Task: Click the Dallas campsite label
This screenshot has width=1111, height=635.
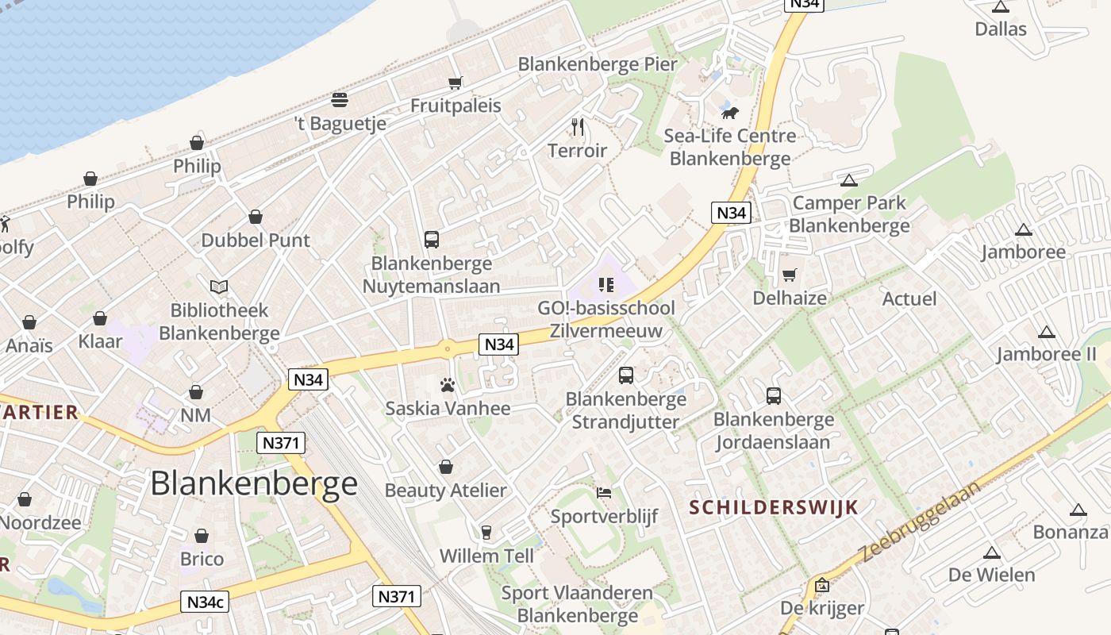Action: click(1001, 29)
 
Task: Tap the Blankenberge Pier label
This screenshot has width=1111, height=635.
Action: click(598, 64)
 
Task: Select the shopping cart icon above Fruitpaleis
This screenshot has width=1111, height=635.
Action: click(455, 83)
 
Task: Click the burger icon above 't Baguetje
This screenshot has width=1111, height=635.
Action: click(340, 100)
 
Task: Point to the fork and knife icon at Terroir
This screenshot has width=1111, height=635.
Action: click(578, 126)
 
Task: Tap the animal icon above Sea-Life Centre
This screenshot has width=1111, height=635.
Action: click(730, 113)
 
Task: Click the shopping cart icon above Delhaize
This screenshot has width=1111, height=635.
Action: click(789, 275)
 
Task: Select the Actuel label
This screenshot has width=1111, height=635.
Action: click(909, 299)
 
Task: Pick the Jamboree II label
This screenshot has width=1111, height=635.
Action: click(1046, 354)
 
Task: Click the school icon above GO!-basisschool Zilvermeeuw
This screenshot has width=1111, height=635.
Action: click(606, 285)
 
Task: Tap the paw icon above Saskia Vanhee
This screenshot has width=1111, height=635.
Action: click(448, 386)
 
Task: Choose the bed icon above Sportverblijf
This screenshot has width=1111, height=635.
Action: click(604, 493)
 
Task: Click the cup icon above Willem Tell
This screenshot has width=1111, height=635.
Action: click(486, 532)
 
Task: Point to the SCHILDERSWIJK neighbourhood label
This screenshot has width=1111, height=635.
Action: click(774, 507)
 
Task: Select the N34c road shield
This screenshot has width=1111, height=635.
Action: click(205, 602)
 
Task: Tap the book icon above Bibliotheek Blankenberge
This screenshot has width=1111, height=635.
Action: click(219, 287)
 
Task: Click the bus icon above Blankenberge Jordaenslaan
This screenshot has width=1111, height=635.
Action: click(774, 395)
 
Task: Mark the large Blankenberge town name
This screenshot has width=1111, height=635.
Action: click(254, 483)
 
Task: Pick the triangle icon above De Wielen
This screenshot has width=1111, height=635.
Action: click(991, 552)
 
